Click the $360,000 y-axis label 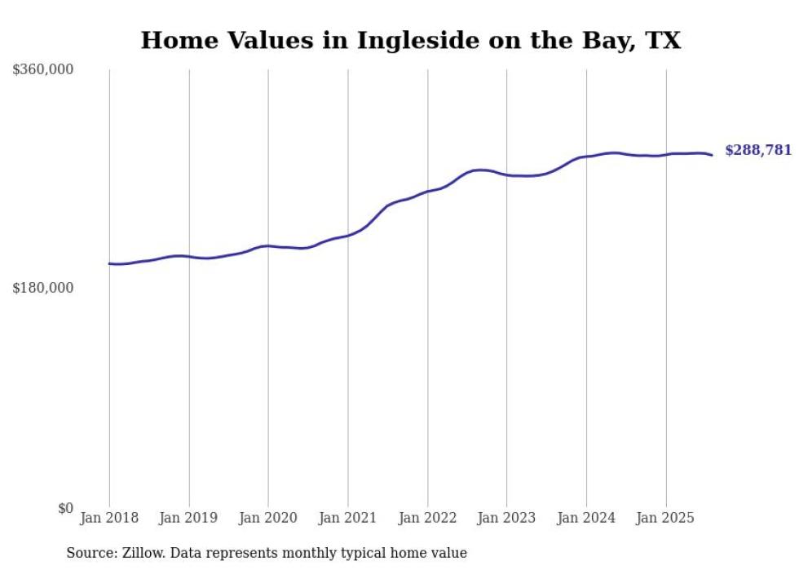[43, 70]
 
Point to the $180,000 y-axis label [43, 288]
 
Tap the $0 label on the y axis [65, 508]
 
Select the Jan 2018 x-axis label [109, 518]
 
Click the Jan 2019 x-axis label [189, 518]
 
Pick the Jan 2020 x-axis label [268, 518]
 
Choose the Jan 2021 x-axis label [348, 518]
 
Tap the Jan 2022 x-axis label [427, 518]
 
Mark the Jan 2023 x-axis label [506, 518]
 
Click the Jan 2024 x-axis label [586, 518]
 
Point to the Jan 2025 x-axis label [666, 518]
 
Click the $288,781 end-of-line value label [757, 150]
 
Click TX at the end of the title [664, 40]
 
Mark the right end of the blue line [712, 155]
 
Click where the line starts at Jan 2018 [109, 263]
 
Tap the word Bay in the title [606, 40]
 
